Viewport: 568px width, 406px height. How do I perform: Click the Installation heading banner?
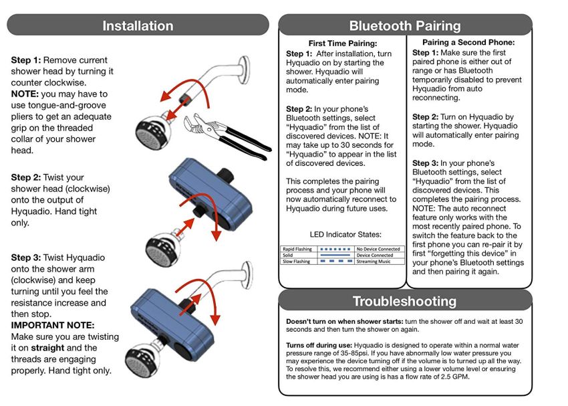click(x=138, y=26)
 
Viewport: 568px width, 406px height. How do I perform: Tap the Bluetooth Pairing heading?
click(x=405, y=26)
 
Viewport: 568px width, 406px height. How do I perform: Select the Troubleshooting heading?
click(x=405, y=301)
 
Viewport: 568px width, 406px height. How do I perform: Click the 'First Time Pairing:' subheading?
click(x=342, y=43)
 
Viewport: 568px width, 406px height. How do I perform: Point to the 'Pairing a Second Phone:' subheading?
click(x=468, y=43)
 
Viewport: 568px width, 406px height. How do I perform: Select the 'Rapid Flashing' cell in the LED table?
click(x=298, y=249)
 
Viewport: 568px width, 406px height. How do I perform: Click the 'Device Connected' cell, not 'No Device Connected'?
click(x=375, y=255)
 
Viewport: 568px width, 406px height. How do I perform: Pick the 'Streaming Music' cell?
click(x=374, y=262)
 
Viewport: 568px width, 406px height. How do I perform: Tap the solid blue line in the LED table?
click(x=332, y=256)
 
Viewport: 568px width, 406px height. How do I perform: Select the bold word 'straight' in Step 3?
click(x=47, y=348)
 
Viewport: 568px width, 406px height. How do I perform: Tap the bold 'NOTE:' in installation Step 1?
click(x=25, y=94)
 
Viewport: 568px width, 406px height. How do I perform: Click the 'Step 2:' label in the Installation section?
click(x=25, y=177)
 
